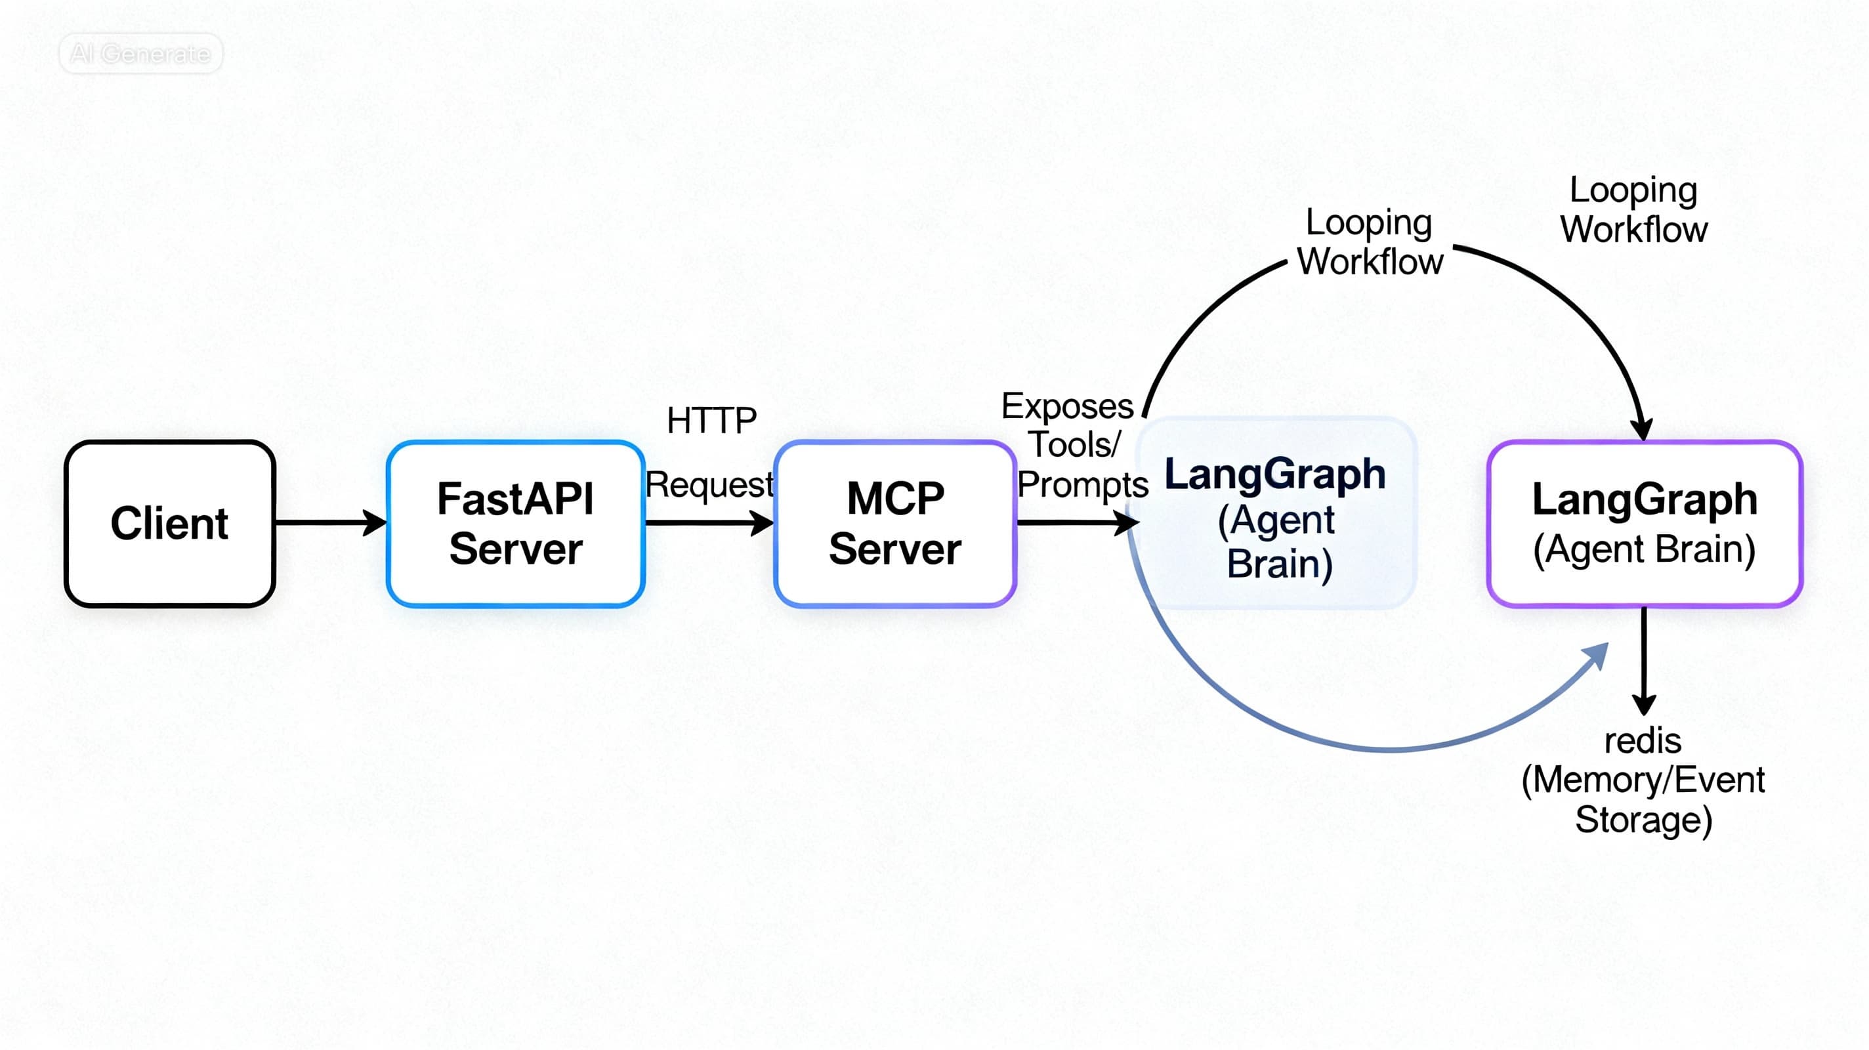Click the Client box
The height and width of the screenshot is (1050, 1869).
point(170,523)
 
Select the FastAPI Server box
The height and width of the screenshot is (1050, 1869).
point(515,523)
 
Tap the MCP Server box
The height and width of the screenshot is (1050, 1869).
point(894,523)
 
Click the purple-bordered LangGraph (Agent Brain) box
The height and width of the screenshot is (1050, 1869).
point(1644,523)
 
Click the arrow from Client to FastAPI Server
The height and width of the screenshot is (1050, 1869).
point(330,522)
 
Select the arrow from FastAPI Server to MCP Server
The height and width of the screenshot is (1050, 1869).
point(707,522)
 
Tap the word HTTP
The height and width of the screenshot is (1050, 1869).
point(711,421)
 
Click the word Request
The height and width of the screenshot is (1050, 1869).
point(709,485)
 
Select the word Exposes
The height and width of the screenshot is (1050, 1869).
point(1066,406)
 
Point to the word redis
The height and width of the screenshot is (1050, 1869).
point(1643,742)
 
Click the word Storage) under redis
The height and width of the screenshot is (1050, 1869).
point(1643,820)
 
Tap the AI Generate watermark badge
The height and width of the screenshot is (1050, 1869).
point(140,54)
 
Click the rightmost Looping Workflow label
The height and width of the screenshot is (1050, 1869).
point(1633,211)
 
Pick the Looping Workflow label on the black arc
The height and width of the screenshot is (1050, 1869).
point(1369,242)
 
